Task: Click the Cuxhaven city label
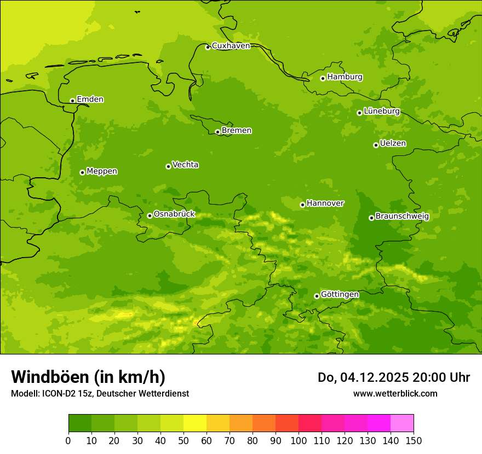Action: [x=231, y=46]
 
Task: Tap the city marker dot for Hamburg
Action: [x=323, y=78]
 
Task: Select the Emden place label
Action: [x=90, y=100]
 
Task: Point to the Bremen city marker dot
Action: [x=217, y=132]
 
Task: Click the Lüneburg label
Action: [x=382, y=111]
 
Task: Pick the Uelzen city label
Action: [x=393, y=143]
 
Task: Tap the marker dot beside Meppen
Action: [x=82, y=172]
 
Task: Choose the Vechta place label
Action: [x=185, y=165]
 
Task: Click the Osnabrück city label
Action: [x=174, y=214]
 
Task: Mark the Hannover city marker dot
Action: [x=302, y=205]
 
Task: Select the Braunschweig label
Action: [x=402, y=216]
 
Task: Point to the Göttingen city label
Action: [x=340, y=294]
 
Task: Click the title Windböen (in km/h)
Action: [x=88, y=377]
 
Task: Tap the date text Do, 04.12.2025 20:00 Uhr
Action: [x=394, y=377]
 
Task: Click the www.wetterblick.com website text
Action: [x=395, y=393]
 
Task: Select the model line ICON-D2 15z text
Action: [x=100, y=393]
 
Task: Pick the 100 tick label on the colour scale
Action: [x=299, y=441]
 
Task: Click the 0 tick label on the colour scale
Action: [x=68, y=441]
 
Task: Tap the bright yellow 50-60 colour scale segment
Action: [x=195, y=423]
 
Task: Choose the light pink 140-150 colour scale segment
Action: [x=402, y=423]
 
